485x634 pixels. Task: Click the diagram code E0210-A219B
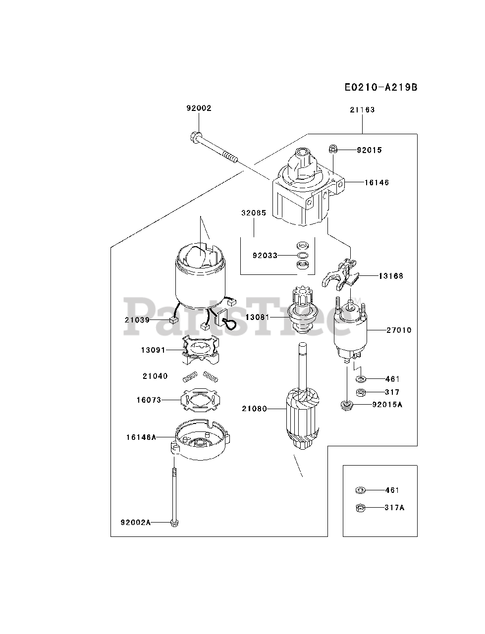pos(381,87)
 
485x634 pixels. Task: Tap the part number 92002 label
pos(199,108)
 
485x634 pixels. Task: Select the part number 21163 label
pos(362,110)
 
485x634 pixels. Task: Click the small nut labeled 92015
pos(333,149)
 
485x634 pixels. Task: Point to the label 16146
pos(377,183)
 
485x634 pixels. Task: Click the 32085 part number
pos(254,213)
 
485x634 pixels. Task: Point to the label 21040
pos(155,376)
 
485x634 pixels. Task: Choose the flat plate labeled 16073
pos(200,400)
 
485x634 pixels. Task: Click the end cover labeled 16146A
pos(201,439)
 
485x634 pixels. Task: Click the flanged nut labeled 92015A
pos(347,405)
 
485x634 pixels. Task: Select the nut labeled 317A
pos(360,508)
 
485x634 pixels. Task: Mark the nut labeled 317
pos(361,392)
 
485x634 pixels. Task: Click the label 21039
pos(137,320)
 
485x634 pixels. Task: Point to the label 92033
pos(265,256)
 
